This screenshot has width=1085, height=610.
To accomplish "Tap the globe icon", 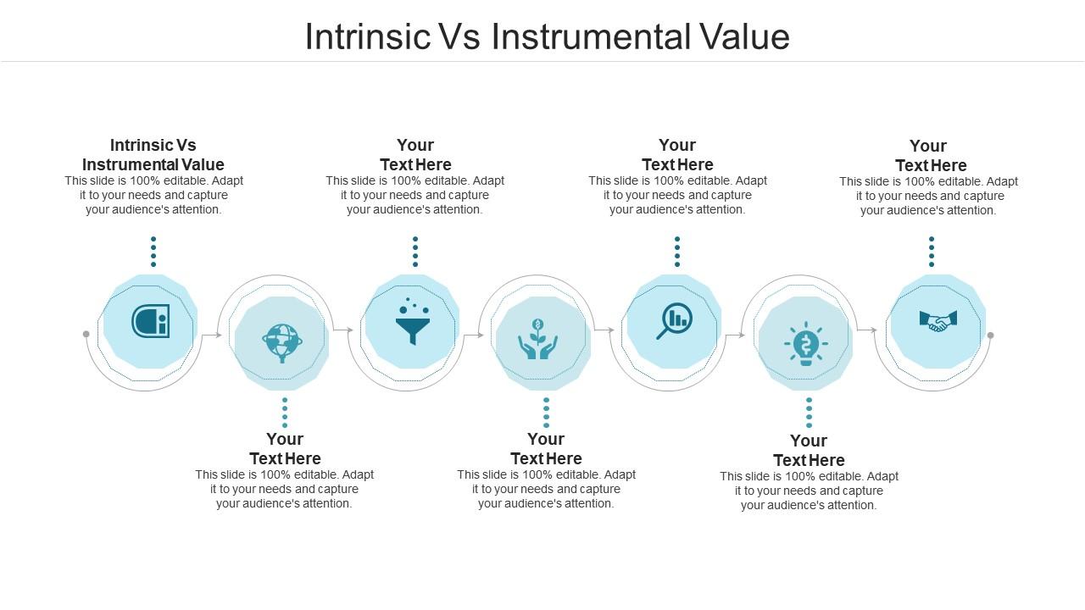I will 282,342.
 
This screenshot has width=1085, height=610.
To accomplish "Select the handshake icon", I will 938,321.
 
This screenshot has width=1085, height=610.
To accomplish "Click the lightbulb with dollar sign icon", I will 805,343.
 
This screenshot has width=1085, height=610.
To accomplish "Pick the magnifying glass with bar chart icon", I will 675,321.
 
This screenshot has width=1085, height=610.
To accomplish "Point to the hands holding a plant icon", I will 537,340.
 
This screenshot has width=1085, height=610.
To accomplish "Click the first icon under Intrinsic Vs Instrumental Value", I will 150,321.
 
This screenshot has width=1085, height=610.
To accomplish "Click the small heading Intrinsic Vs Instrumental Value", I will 153,155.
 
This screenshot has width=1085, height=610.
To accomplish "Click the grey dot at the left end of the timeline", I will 86,335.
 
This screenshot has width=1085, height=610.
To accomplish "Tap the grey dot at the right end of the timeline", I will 990,335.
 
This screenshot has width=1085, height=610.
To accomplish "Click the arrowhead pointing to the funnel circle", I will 350,330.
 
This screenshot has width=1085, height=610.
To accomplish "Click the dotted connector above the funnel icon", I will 415,252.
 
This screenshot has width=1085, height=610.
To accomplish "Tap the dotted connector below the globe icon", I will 285,413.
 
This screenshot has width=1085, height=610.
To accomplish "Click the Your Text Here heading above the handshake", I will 930,156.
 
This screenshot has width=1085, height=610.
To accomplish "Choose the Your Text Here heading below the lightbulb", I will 809,451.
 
